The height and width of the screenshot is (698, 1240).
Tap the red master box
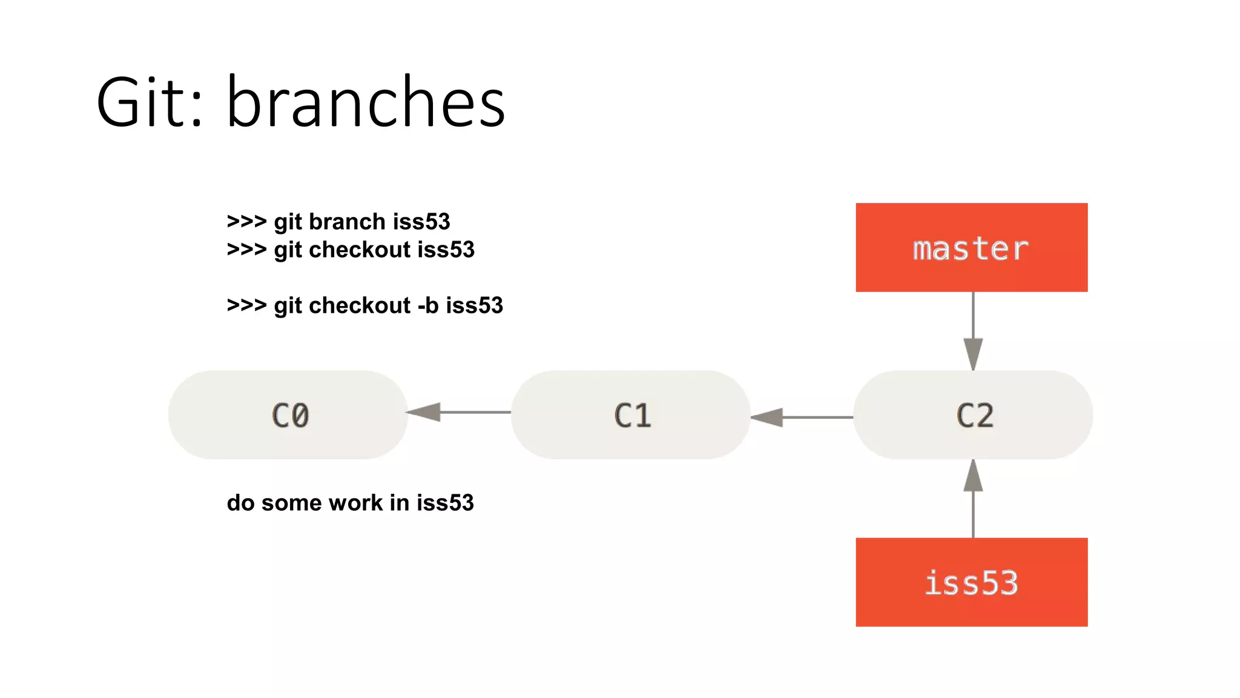click(971, 247)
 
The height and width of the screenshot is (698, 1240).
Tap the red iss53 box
click(971, 582)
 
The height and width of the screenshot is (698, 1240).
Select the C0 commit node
click(288, 415)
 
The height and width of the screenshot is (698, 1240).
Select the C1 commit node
click(631, 415)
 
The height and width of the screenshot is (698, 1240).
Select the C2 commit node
click(973, 415)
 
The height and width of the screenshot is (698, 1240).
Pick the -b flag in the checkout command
click(427, 305)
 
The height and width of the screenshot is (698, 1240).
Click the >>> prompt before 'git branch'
click(246, 222)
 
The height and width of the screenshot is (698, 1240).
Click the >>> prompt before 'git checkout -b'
click(246, 305)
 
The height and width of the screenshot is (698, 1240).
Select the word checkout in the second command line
click(360, 250)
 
